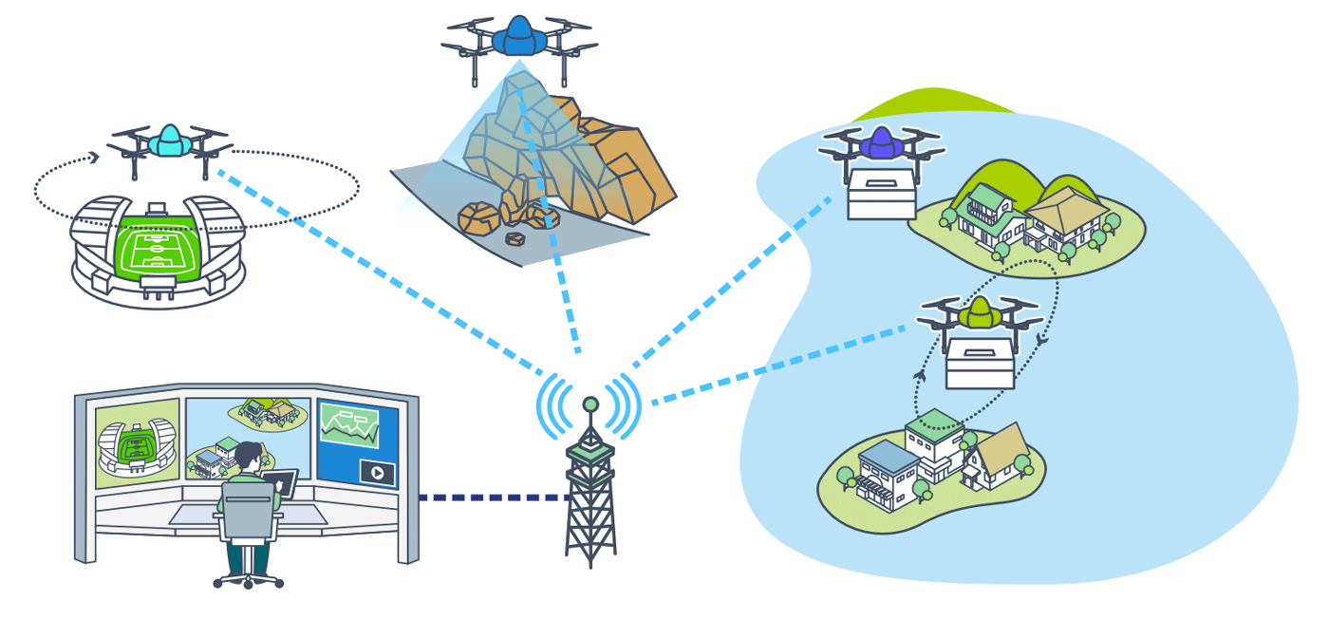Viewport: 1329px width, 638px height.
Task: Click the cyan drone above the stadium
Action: tap(170, 143)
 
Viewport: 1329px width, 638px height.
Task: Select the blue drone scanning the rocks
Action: tap(518, 38)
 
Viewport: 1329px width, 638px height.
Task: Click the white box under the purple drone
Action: tap(881, 194)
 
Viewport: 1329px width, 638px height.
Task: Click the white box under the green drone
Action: tap(980, 364)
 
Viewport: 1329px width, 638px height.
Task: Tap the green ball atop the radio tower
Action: tap(590, 404)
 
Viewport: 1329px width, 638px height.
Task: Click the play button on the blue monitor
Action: tap(377, 472)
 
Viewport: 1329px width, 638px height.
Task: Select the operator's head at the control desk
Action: tap(249, 457)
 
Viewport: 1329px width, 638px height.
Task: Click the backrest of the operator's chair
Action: tap(246, 513)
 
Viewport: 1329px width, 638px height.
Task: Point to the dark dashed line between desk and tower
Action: tap(494, 497)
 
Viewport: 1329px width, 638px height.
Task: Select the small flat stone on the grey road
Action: tap(517, 236)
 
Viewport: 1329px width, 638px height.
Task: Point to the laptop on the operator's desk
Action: tap(283, 484)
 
